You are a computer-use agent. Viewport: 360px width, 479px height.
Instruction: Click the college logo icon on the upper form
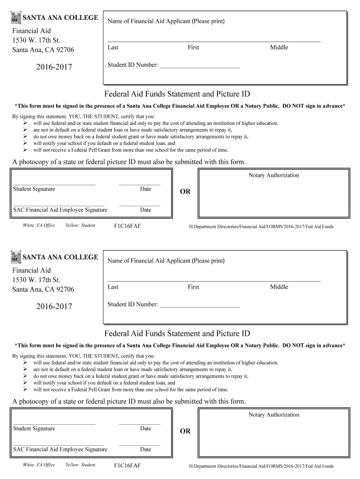[16, 18]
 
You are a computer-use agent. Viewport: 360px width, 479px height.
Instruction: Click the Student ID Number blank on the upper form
[200, 66]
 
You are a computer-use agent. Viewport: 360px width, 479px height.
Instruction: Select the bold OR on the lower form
[185, 431]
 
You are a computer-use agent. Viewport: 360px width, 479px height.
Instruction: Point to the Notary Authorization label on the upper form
[274, 175]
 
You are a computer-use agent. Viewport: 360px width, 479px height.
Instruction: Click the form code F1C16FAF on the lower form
[127, 465]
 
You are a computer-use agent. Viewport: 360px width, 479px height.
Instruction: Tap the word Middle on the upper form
[279, 47]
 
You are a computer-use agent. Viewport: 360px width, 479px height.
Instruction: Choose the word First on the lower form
[193, 287]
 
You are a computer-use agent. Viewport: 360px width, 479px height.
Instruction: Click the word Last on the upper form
[113, 47]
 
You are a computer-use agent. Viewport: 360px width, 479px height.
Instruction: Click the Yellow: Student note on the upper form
[80, 225]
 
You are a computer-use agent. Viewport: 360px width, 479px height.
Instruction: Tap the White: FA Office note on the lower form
[39, 465]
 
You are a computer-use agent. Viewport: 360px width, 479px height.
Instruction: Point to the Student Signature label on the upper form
[34, 189]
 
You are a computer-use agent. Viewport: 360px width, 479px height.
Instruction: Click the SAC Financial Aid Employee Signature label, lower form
[60, 449]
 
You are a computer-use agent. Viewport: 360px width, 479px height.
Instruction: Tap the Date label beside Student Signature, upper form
[145, 189]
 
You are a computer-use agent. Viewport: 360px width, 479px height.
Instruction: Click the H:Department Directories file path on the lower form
[261, 466]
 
